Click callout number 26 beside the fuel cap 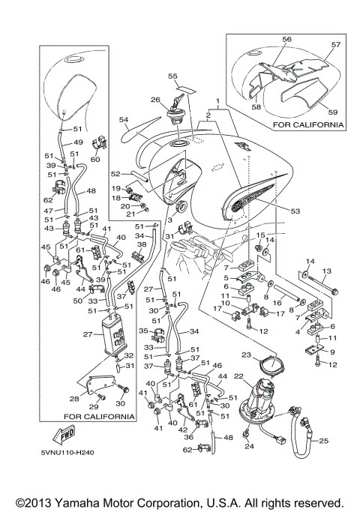(x=155, y=100)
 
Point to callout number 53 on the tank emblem (x=295, y=211)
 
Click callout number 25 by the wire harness (x=323, y=442)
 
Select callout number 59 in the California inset (x=332, y=112)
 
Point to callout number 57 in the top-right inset (x=336, y=45)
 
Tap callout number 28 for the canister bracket (x=74, y=399)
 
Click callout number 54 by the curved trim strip (x=124, y=120)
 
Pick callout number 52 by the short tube (x=115, y=174)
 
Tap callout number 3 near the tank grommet (x=169, y=220)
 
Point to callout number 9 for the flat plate (x=332, y=352)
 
